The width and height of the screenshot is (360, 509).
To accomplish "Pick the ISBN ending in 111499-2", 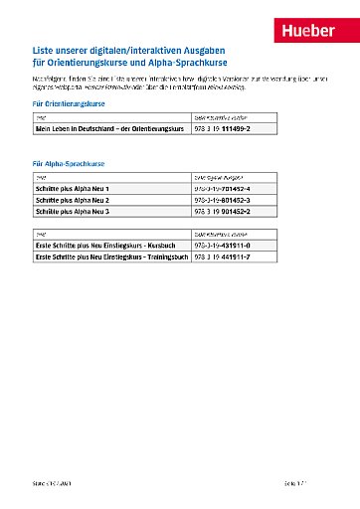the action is [223, 129].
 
